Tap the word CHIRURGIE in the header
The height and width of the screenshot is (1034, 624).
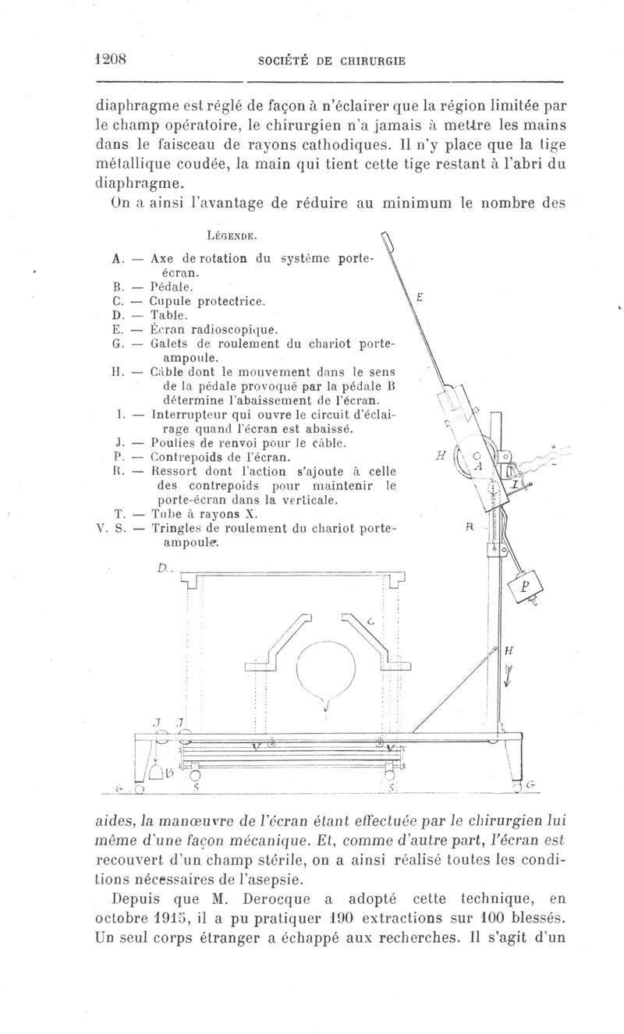click(372, 61)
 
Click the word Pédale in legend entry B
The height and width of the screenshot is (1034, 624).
click(172, 287)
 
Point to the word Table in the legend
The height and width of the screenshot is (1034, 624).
click(168, 315)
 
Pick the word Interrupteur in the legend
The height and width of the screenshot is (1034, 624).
click(190, 415)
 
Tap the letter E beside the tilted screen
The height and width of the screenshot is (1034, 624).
click(420, 298)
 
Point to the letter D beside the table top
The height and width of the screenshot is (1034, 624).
click(161, 568)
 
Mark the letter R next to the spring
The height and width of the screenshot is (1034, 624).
click(470, 528)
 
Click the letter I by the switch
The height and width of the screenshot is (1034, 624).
click(516, 484)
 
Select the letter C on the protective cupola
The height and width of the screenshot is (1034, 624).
click(370, 621)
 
